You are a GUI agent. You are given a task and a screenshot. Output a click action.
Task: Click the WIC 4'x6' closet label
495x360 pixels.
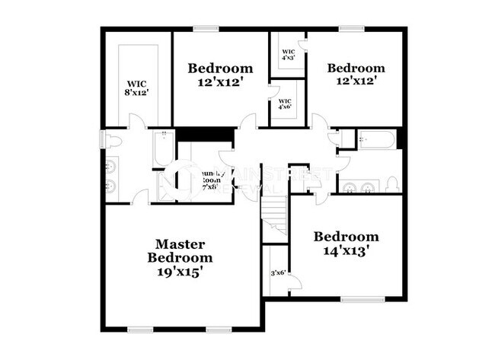tap(285, 104)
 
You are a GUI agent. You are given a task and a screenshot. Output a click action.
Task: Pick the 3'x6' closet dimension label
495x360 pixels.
tap(278, 272)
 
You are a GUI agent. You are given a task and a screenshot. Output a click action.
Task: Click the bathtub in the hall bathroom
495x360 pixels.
tap(376, 140)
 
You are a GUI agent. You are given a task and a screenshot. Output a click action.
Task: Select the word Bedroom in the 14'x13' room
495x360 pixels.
tap(346, 237)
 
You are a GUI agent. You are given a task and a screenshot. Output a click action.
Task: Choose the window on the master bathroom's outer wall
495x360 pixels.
tap(104, 142)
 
